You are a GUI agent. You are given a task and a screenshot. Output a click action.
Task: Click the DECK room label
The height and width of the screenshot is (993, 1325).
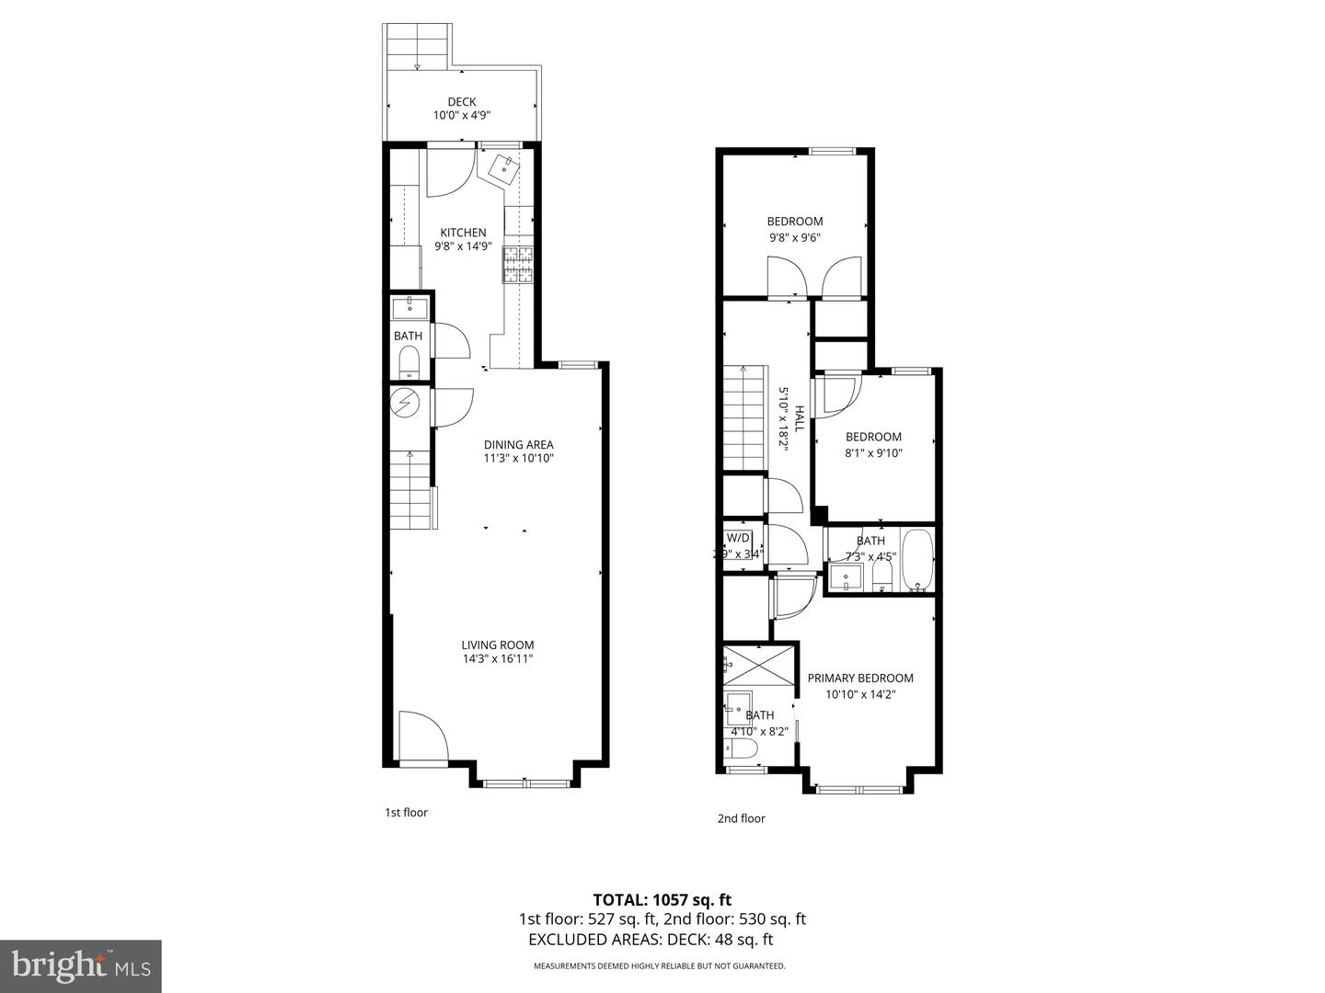(x=462, y=102)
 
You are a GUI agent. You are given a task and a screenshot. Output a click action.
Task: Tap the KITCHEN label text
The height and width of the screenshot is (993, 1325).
(x=463, y=233)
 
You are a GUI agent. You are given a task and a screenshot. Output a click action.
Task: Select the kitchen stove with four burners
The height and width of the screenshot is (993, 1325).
(x=518, y=264)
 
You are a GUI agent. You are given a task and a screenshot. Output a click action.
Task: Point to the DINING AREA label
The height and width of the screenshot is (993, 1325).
(x=519, y=444)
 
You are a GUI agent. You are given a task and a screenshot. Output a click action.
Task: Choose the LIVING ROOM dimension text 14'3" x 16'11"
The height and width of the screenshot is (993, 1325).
(x=498, y=659)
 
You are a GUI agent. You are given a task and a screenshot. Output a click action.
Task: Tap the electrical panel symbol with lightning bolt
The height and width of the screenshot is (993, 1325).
(x=404, y=402)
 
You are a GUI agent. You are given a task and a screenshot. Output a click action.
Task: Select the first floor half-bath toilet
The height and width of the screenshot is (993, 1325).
(x=409, y=363)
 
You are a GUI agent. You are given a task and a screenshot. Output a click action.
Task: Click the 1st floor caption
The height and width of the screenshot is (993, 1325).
(x=406, y=813)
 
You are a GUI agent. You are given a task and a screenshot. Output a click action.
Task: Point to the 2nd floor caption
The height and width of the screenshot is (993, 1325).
(x=741, y=818)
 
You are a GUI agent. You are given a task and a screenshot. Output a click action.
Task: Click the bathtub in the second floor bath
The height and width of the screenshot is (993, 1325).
(x=916, y=559)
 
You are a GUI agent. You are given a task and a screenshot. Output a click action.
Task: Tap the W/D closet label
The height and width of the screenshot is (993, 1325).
(x=738, y=538)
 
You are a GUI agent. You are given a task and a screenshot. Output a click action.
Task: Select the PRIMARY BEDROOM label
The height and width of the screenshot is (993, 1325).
(x=860, y=679)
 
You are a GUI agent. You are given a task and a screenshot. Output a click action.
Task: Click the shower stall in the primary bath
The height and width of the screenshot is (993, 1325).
(x=758, y=665)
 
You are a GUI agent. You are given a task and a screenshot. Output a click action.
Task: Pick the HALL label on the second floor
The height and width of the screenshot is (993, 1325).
(x=799, y=419)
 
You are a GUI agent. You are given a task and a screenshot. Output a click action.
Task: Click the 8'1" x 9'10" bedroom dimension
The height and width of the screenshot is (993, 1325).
(x=873, y=452)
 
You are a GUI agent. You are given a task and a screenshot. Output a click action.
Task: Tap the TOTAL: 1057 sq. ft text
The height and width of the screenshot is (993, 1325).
(x=662, y=899)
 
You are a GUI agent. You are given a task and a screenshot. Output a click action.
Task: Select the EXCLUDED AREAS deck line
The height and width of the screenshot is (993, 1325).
(x=651, y=940)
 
